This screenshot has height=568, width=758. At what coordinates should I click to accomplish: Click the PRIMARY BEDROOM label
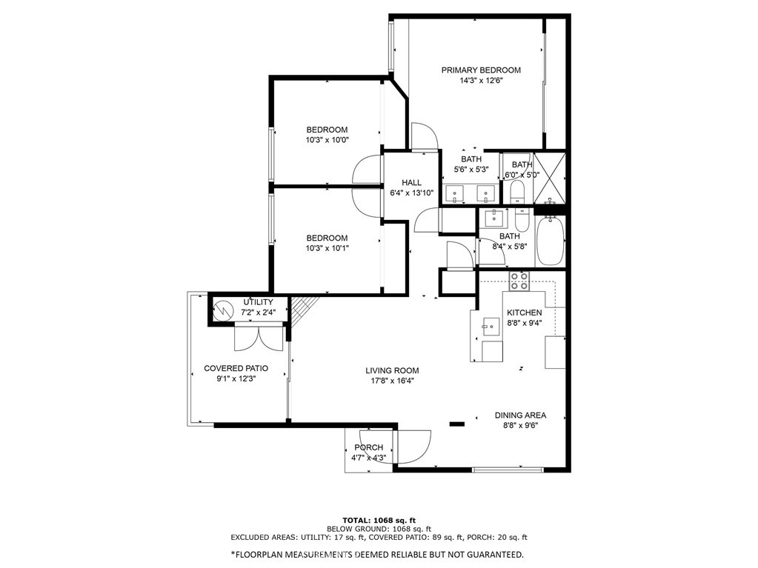tap(481, 70)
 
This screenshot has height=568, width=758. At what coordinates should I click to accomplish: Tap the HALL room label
tap(411, 183)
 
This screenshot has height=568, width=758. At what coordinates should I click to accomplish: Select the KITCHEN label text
tap(524, 313)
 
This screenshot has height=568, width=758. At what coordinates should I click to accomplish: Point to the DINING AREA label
tap(520, 415)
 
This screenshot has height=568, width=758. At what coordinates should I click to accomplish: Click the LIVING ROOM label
tap(392, 370)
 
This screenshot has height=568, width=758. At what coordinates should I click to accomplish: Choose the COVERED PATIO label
tap(236, 368)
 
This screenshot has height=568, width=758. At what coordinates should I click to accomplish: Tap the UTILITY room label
tap(258, 302)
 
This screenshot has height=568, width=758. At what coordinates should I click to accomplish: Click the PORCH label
tap(369, 447)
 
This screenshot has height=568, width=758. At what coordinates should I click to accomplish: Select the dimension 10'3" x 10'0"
tap(327, 140)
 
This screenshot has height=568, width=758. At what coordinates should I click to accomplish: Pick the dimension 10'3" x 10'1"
tap(327, 248)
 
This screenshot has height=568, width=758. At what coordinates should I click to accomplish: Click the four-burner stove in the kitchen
tap(519, 281)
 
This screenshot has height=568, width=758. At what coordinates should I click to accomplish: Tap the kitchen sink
tap(491, 327)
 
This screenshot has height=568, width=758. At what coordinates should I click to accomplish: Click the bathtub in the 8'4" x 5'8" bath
tap(551, 240)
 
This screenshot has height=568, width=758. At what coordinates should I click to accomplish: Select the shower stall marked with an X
tap(549, 178)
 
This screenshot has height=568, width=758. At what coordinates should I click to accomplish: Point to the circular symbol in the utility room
tap(223, 310)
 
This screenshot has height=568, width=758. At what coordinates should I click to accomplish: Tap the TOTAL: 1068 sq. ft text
tap(379, 520)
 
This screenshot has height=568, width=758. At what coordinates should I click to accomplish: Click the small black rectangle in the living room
tap(457, 424)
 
